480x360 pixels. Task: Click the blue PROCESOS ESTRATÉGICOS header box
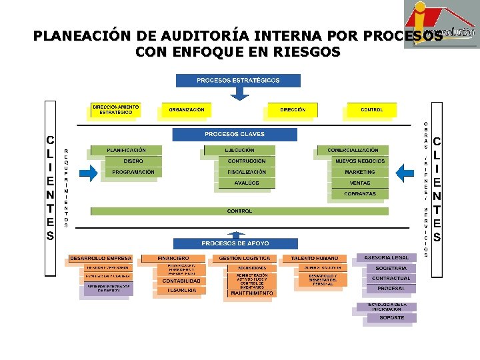pos(238,81)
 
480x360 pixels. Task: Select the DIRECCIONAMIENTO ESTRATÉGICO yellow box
pos(115,110)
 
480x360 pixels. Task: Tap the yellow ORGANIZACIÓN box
pos(186,110)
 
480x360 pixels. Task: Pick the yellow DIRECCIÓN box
pos(293,110)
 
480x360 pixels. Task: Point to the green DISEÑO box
pos(133,161)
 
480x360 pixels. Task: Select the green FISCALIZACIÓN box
pos(246,172)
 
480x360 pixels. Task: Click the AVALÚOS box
pos(246,183)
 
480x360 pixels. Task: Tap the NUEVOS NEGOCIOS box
pos(359,161)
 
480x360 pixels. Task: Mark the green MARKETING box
pos(359,172)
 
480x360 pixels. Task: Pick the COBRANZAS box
pos(359,194)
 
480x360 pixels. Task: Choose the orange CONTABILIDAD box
pos(181,281)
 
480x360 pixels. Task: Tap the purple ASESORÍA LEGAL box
pos(386,257)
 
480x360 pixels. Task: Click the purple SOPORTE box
pos(391,317)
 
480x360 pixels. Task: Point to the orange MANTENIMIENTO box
pos(247,293)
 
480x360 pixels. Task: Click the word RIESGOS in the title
pos(306,51)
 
